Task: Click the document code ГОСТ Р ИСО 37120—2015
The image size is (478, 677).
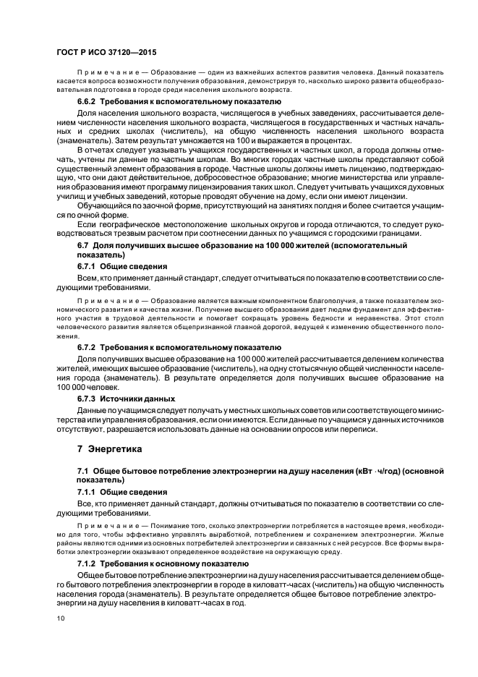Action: [106, 53]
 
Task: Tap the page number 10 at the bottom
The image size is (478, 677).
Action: [61, 618]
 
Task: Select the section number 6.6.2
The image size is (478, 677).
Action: [88, 102]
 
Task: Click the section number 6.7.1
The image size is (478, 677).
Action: [88, 266]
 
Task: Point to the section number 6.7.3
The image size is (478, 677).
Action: [88, 399]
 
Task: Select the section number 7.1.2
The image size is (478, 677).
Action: [88, 563]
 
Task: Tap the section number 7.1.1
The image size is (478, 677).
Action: [88, 492]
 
